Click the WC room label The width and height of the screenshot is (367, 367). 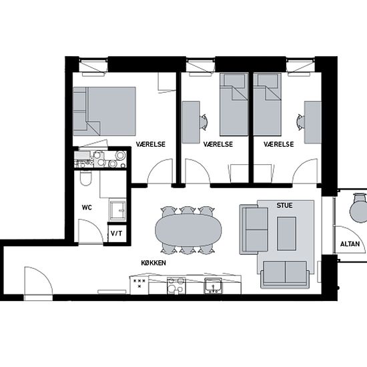tap(87, 208)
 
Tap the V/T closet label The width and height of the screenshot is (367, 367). tap(116, 234)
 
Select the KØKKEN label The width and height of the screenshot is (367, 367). tap(153, 263)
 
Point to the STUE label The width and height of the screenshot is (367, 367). tap(285, 206)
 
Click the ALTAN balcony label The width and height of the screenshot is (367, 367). tap(350, 244)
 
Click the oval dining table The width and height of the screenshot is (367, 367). tap(188, 230)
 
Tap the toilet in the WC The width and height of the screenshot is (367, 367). tap(85, 178)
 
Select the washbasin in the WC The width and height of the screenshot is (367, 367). tap(117, 210)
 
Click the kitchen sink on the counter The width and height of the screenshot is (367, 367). tap(213, 286)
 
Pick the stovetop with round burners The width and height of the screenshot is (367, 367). tap(176, 286)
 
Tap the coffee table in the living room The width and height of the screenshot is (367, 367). tap(286, 234)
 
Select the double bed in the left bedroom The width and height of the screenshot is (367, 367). tap(104, 111)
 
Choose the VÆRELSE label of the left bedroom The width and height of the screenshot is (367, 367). tap(151, 144)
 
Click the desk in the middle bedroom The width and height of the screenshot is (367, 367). tap(191, 122)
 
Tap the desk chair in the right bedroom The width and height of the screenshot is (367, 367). tap(300, 121)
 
